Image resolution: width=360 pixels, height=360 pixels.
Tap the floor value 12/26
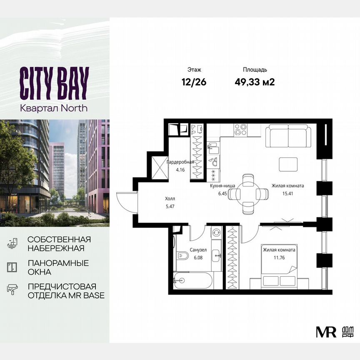tap(194, 82)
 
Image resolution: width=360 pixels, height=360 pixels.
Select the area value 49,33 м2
tap(255, 82)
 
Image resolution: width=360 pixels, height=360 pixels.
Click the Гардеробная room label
tap(180, 162)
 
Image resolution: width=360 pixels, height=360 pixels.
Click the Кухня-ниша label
tap(222, 187)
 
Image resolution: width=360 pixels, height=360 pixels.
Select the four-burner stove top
tap(241, 130)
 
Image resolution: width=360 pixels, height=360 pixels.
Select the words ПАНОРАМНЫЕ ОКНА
tap(58, 267)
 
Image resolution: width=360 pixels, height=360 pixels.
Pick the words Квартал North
tap(54, 108)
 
